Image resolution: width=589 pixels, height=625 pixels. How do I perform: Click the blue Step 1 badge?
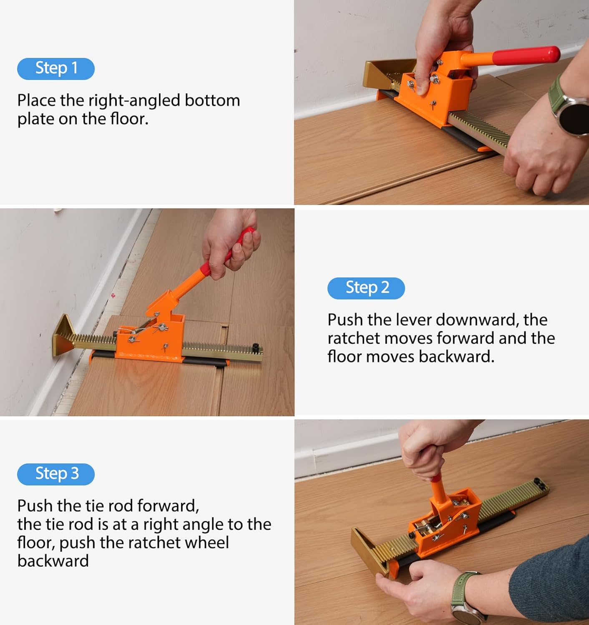[x=55, y=69]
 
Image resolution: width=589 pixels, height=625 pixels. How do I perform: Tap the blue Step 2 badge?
[x=366, y=288]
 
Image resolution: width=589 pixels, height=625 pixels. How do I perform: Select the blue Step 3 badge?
[x=55, y=474]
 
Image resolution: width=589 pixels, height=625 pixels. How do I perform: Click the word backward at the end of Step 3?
[x=53, y=561]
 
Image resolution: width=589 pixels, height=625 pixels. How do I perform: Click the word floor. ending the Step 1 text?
[x=129, y=119]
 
